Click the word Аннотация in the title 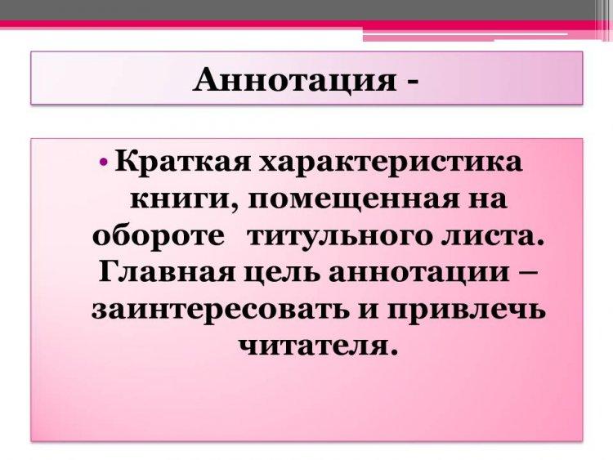[294, 79]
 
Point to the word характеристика [392, 163]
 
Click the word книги [181, 200]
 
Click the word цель [286, 273]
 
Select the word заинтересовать [220, 310]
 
